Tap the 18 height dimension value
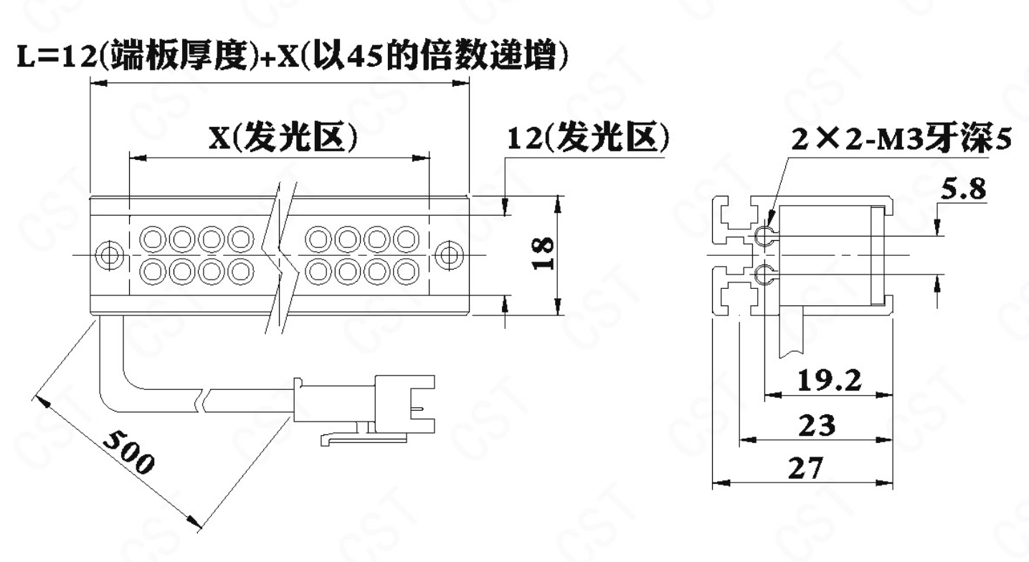[544, 253]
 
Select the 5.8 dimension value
[963, 189]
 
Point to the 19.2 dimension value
[829, 380]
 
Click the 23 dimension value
[817, 425]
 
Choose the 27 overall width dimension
[806, 468]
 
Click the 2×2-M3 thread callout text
[901, 138]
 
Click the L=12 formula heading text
[292, 56]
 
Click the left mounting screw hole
[109, 254]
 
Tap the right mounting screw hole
[449, 254]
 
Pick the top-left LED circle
[153, 239]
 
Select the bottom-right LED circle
[406, 272]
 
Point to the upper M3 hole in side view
[765, 236]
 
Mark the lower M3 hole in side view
[765, 275]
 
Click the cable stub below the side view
[791, 333]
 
